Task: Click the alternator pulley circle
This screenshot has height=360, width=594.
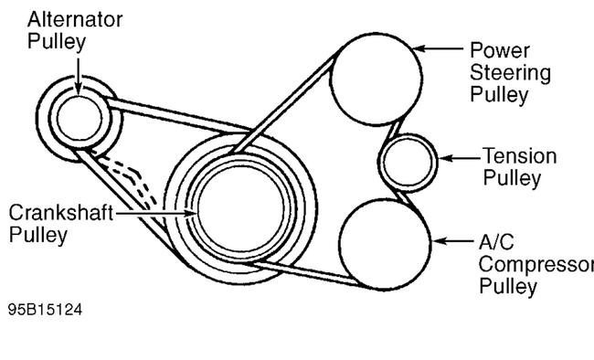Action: [x=77, y=116]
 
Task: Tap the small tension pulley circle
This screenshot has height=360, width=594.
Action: [x=408, y=162]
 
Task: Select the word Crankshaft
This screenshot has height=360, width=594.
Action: [x=61, y=213]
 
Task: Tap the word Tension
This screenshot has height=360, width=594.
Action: [x=519, y=156]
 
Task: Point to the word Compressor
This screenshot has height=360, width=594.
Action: [x=536, y=265]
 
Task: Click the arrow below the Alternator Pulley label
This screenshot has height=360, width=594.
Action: [x=78, y=73]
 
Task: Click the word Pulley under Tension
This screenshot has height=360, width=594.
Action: [x=511, y=178]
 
